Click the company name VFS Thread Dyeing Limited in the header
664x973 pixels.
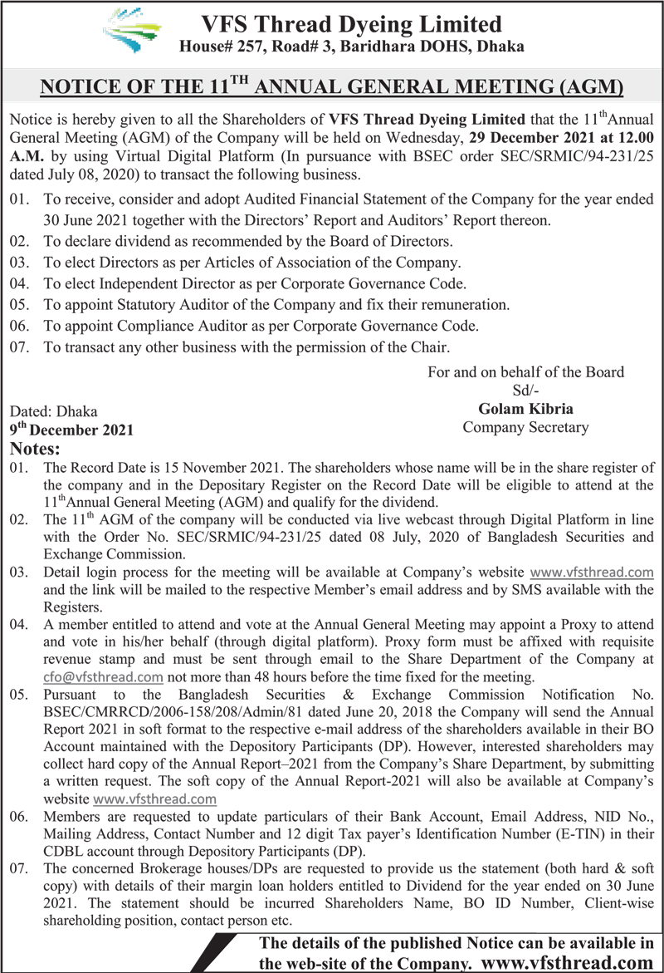(353, 24)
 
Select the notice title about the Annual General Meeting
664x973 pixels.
(332, 86)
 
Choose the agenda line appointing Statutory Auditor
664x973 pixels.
(276, 305)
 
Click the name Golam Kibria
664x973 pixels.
(525, 408)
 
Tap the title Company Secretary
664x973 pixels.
(525, 427)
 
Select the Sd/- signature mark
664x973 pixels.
(525, 389)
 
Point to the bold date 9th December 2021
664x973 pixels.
(71, 430)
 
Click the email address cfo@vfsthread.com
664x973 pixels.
(102, 676)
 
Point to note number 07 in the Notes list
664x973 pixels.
(19, 868)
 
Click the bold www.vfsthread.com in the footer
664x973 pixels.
(567, 962)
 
